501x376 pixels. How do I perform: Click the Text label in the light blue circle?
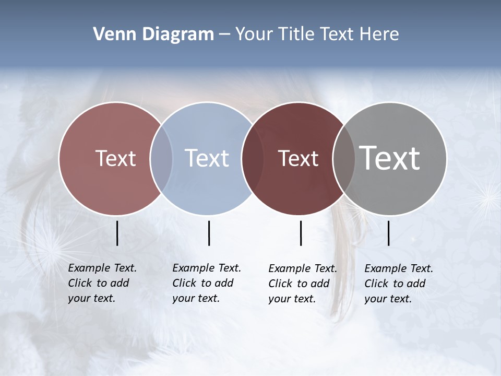click(x=207, y=158)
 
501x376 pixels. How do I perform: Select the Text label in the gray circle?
click(x=390, y=158)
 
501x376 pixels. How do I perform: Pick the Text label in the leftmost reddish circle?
click(x=116, y=158)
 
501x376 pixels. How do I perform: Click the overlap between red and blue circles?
click(x=161, y=159)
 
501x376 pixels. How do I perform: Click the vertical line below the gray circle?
click(x=389, y=233)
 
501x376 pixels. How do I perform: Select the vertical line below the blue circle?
click(x=209, y=233)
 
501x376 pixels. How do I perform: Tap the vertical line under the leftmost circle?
click(x=117, y=233)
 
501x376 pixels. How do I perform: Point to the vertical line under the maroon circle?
click(x=301, y=233)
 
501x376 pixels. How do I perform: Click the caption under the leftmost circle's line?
click(x=102, y=283)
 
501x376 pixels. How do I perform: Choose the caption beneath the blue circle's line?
click(x=206, y=283)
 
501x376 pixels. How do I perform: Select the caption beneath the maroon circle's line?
click(x=302, y=284)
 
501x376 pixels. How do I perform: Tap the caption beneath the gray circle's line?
click(x=398, y=284)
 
